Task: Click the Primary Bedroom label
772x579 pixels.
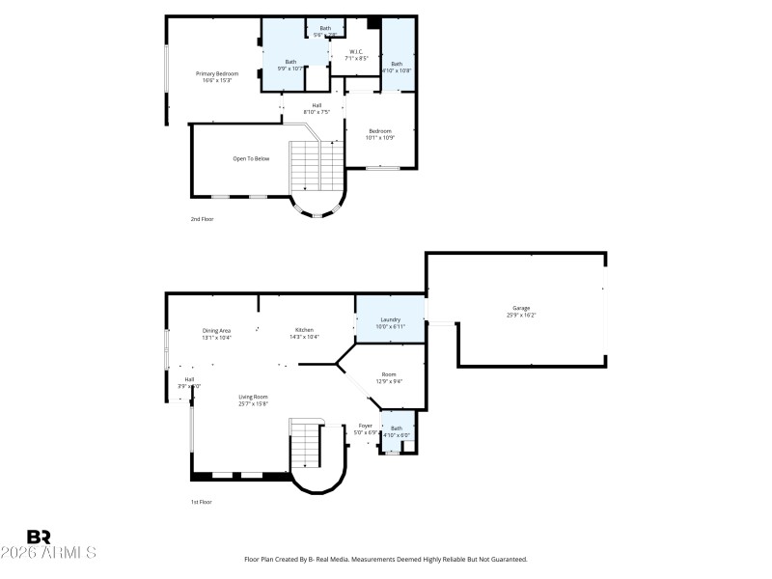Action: [217, 73]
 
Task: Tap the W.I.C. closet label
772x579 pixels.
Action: [356, 51]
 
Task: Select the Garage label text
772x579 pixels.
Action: [521, 308]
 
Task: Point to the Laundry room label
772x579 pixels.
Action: [390, 319]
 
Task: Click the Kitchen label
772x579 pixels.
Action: [304, 330]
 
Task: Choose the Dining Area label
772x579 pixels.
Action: [216, 330]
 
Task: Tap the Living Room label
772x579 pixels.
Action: [254, 397]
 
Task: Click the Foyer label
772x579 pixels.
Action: [366, 426]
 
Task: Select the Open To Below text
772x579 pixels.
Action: [251, 158]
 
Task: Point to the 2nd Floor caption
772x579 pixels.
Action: [202, 219]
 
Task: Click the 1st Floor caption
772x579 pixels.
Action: [201, 502]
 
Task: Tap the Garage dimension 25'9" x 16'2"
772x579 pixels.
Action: [521, 315]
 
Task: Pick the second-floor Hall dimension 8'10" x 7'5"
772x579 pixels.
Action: [317, 112]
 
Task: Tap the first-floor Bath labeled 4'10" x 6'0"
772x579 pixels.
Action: [397, 435]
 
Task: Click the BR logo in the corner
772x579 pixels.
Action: [40, 537]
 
